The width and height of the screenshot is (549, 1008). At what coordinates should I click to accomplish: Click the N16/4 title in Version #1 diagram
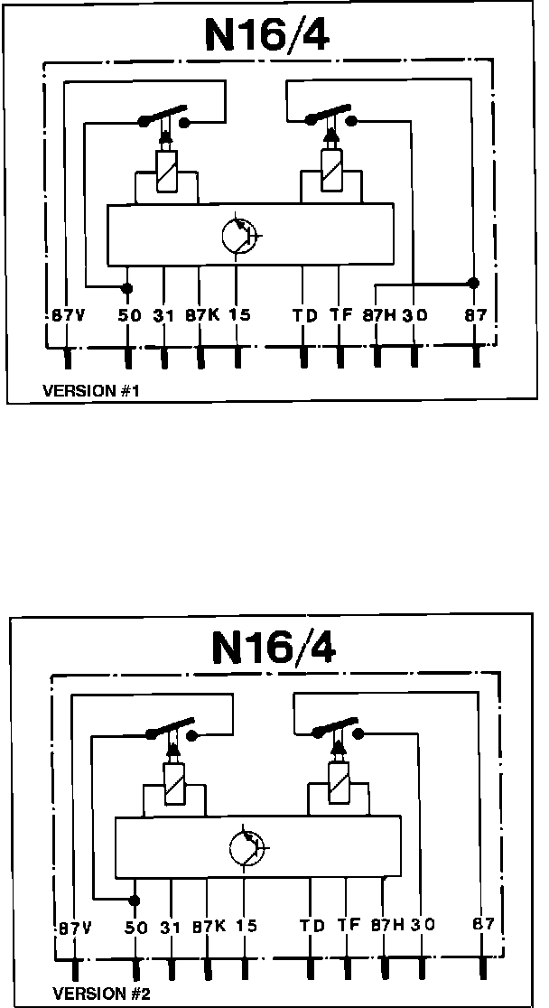coord(268,35)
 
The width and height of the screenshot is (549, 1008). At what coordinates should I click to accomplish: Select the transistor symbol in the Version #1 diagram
coord(239,235)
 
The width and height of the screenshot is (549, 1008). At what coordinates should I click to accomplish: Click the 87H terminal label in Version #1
coord(377,316)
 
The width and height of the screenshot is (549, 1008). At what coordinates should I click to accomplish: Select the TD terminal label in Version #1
coord(304,316)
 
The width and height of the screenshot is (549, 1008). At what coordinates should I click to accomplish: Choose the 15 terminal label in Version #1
coord(239,316)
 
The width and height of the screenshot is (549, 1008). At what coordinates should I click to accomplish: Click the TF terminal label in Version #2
coord(348,926)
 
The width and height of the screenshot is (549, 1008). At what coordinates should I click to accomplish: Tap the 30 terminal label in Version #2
coord(423,926)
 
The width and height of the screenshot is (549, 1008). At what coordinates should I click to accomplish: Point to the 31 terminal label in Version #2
coord(171,926)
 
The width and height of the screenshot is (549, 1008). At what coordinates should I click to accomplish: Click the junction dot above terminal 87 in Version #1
coord(473,283)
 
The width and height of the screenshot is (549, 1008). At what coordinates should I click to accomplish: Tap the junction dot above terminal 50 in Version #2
coord(135,901)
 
